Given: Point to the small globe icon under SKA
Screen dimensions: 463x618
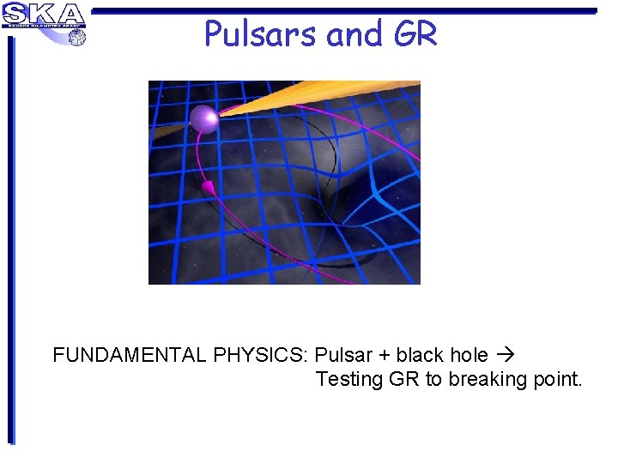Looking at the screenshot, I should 77,37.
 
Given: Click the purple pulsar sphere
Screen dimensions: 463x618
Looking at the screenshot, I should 205,118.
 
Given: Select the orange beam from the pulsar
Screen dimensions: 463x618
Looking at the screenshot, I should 326,96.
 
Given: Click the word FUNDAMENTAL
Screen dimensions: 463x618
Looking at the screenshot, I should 128,355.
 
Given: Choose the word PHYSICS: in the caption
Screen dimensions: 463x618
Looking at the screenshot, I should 259,355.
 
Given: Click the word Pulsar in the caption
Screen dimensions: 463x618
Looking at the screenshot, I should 343,355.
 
